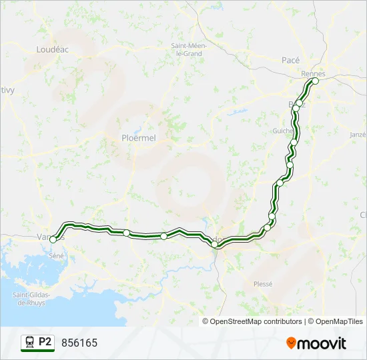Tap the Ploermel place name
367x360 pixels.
pyautogui.click(x=138, y=138)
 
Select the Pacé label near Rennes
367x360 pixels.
pyautogui.click(x=291, y=59)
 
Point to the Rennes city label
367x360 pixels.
pyautogui.click(x=312, y=73)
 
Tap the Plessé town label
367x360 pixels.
pyautogui.click(x=263, y=283)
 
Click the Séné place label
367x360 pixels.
pyautogui.click(x=55, y=255)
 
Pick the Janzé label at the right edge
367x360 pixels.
pyautogui.click(x=358, y=134)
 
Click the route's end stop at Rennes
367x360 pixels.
pyautogui.click(x=315, y=81)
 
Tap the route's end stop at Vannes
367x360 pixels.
pyautogui.click(x=53, y=239)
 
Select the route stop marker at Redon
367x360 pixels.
pyautogui.click(x=215, y=245)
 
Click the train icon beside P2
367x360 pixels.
pyautogui.click(x=29, y=343)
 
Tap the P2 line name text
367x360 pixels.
pyautogui.click(x=45, y=342)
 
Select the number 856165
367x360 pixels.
pyautogui.click(x=79, y=343)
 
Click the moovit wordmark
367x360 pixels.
pyautogui.click(x=322, y=343)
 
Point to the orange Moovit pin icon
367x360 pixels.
pyautogui.click(x=291, y=343)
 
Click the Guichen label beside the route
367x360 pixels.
pyautogui.click(x=283, y=131)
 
